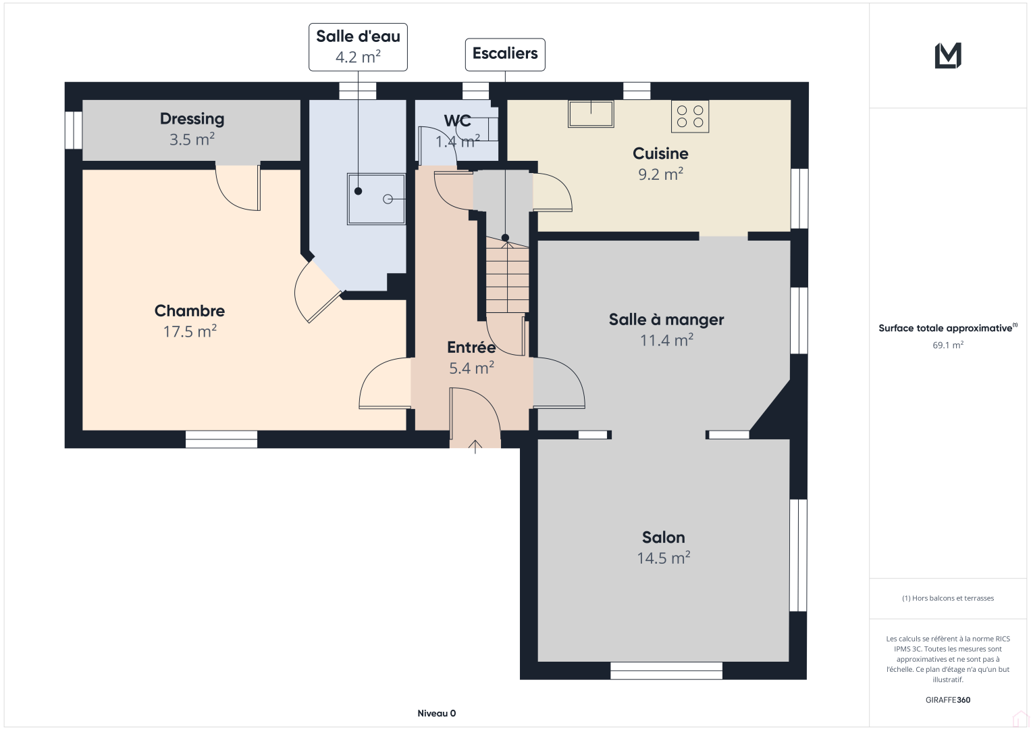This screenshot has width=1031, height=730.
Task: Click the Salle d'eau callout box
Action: pyautogui.click(x=358, y=47)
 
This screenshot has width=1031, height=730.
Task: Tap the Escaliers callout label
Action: pyautogui.click(x=505, y=54)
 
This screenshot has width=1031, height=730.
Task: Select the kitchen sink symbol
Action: pyautogui.click(x=591, y=114)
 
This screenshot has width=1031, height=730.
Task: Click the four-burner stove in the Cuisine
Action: pyautogui.click(x=690, y=116)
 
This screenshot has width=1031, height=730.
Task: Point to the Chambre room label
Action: pyautogui.click(x=190, y=311)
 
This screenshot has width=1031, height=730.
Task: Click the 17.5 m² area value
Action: pyautogui.click(x=190, y=332)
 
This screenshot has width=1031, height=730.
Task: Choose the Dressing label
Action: pyautogui.click(x=192, y=119)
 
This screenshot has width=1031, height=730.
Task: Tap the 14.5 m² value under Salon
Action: pyautogui.click(x=663, y=558)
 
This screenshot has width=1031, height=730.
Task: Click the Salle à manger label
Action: pyautogui.click(x=666, y=320)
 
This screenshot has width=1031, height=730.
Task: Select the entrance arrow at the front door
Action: pyautogui.click(x=475, y=446)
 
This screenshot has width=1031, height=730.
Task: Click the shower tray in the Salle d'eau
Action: pyautogui.click(x=376, y=199)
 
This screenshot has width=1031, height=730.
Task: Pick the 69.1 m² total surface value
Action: pyautogui.click(x=948, y=345)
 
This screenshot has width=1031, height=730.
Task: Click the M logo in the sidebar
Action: pyautogui.click(x=948, y=55)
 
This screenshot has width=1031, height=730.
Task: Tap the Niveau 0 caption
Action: pyautogui.click(x=436, y=713)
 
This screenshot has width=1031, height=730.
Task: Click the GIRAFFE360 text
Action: pyautogui.click(x=948, y=700)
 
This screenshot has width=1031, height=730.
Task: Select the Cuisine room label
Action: pyautogui.click(x=660, y=153)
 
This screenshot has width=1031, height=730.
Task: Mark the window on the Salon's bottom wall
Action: pyautogui.click(x=666, y=671)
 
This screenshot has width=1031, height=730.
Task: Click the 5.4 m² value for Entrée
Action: pyautogui.click(x=471, y=368)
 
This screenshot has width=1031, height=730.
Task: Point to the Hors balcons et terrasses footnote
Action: pyautogui.click(x=948, y=598)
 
